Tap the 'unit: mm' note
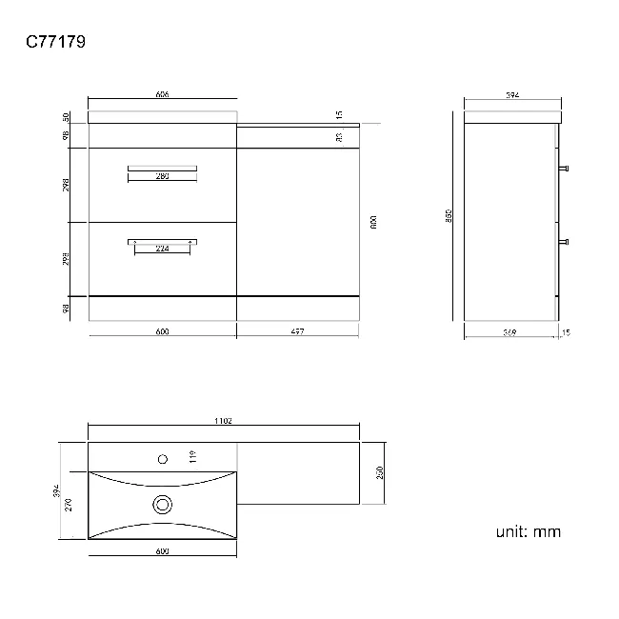[528, 531]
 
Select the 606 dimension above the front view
[162, 94]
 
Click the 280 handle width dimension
[162, 176]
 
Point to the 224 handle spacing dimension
[162, 249]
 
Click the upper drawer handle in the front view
[162, 169]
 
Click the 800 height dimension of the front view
[373, 223]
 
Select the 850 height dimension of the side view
[449, 216]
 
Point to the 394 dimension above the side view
[511, 94]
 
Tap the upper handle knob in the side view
[567, 168]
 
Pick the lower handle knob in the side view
[567, 241]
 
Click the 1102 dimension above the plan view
[224, 420]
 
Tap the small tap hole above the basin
[163, 459]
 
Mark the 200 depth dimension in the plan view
[380, 472]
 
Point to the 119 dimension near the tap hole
[191, 457]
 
